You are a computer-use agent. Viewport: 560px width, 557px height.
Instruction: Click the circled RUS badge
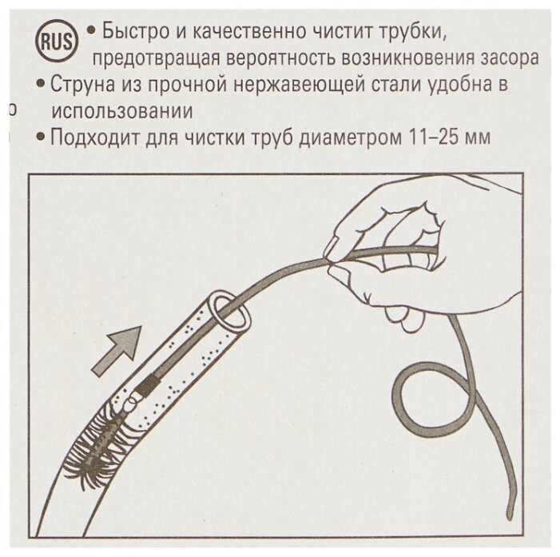point(57,42)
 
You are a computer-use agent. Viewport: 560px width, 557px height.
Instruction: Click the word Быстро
point(136,32)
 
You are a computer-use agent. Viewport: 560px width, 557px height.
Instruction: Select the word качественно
point(249,31)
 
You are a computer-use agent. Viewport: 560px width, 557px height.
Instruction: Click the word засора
point(510,58)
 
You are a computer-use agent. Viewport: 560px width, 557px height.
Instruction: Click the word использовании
point(122,111)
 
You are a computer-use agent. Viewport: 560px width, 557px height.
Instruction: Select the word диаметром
point(350,137)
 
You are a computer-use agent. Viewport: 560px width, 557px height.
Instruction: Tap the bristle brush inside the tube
point(102,440)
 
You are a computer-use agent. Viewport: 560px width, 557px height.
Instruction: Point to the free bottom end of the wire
point(510,516)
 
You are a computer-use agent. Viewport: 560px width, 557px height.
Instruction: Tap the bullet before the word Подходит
point(41,137)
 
